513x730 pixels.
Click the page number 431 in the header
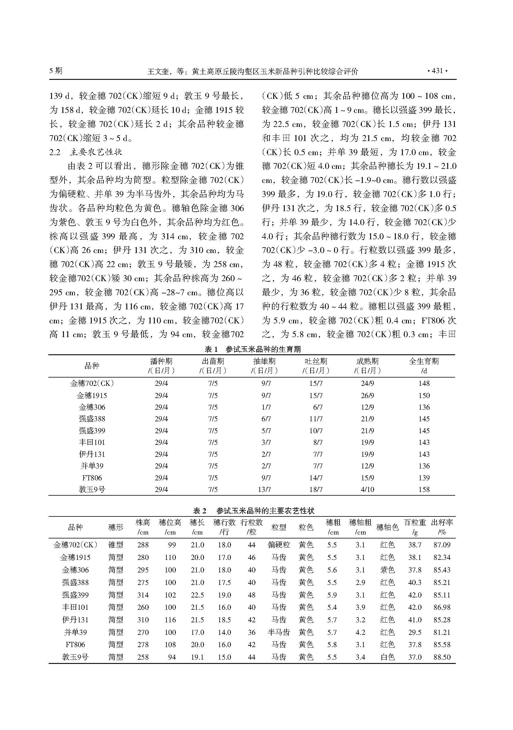click(x=437, y=71)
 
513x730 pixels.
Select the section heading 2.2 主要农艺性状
click(x=86, y=152)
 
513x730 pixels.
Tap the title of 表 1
click(x=252, y=349)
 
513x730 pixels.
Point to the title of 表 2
click(x=254, y=511)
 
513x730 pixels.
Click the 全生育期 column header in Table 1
click(x=424, y=366)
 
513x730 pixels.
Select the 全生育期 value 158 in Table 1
click(x=424, y=489)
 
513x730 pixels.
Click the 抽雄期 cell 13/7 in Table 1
click(x=264, y=489)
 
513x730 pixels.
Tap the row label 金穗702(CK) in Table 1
click(x=92, y=383)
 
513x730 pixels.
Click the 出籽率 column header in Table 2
click(x=442, y=527)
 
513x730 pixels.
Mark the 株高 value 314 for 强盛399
click(x=143, y=595)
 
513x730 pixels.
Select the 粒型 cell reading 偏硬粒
click(x=279, y=545)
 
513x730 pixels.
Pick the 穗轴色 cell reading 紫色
click(x=387, y=570)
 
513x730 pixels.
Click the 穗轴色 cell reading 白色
click(x=387, y=657)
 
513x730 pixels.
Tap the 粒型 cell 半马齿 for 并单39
click(x=279, y=632)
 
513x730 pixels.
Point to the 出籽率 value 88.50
click(x=442, y=657)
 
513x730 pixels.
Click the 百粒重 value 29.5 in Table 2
click(x=415, y=632)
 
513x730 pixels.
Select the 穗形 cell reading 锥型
click(x=115, y=545)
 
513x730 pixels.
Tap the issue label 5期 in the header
click(x=56, y=71)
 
